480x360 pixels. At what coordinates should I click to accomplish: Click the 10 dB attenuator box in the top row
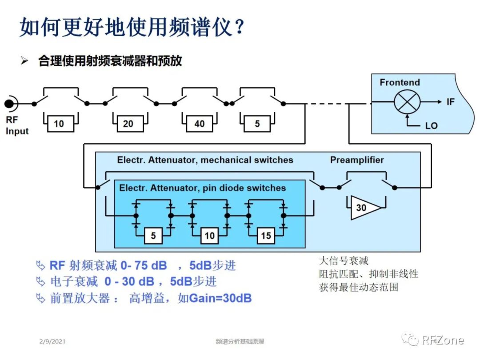(x=59, y=124)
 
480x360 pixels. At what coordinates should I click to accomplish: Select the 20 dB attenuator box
(x=128, y=124)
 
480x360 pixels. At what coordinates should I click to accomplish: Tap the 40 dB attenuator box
(x=200, y=124)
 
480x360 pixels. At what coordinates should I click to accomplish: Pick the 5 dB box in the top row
(x=257, y=124)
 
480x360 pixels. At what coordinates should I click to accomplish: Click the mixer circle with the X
(x=407, y=102)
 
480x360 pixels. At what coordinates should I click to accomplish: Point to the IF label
(x=451, y=102)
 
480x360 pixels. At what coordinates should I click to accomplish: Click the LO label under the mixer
(x=431, y=126)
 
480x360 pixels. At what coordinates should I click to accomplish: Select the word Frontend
(x=400, y=82)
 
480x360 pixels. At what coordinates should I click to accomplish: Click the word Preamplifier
(x=357, y=160)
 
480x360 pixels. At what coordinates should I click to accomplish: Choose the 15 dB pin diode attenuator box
(x=266, y=236)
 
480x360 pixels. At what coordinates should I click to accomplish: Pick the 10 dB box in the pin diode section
(x=210, y=236)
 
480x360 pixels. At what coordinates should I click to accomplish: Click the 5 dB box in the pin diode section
(x=153, y=236)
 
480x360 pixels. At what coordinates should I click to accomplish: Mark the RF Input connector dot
(x=9, y=104)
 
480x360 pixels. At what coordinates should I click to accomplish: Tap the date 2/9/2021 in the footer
(x=52, y=341)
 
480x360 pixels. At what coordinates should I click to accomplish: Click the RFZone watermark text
(x=443, y=340)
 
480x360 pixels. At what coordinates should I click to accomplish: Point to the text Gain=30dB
(x=220, y=298)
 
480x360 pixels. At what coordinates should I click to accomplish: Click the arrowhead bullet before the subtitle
(x=24, y=61)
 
